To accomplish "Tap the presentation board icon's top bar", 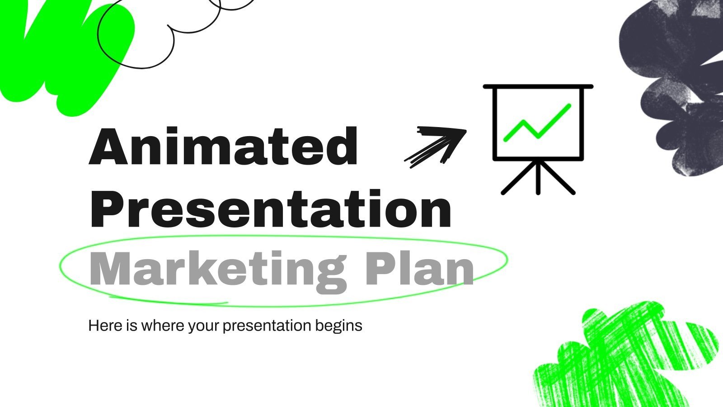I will pos(538,86).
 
